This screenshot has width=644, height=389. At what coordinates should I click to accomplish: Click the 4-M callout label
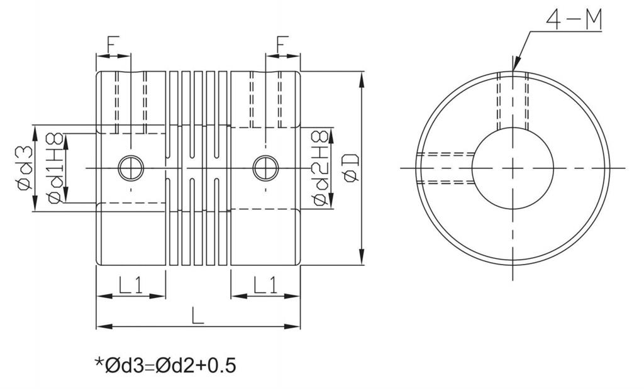tap(574, 20)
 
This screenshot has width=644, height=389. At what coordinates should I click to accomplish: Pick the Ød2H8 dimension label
tap(320, 168)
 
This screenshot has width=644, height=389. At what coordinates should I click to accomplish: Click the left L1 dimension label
tap(131, 285)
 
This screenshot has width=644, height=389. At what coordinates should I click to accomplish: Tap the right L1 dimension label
tap(265, 285)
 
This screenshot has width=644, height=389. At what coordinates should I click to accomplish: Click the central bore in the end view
tap(513, 168)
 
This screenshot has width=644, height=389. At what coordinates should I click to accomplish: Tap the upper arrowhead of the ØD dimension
tap(362, 80)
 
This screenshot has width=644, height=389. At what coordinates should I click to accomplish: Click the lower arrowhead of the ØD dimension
tap(362, 256)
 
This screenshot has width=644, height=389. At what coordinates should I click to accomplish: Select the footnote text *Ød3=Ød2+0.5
tap(165, 364)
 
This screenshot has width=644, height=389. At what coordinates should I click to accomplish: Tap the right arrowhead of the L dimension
tap(292, 327)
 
